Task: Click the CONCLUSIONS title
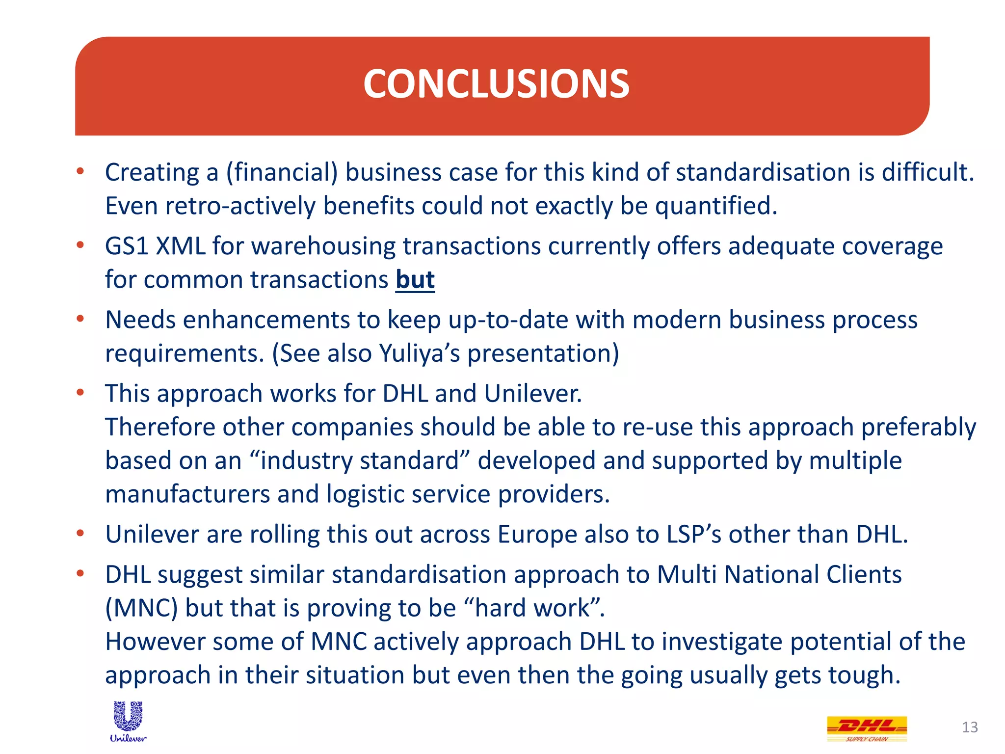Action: [x=496, y=84]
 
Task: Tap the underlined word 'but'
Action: [x=415, y=280]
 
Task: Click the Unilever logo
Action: [x=128, y=721]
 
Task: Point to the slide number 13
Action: [x=970, y=727]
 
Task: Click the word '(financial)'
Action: [x=282, y=173]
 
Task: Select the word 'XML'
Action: [x=181, y=246]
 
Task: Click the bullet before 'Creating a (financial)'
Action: [x=80, y=171]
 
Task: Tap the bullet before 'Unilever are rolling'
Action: [x=80, y=533]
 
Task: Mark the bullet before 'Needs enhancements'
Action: [x=80, y=319]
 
